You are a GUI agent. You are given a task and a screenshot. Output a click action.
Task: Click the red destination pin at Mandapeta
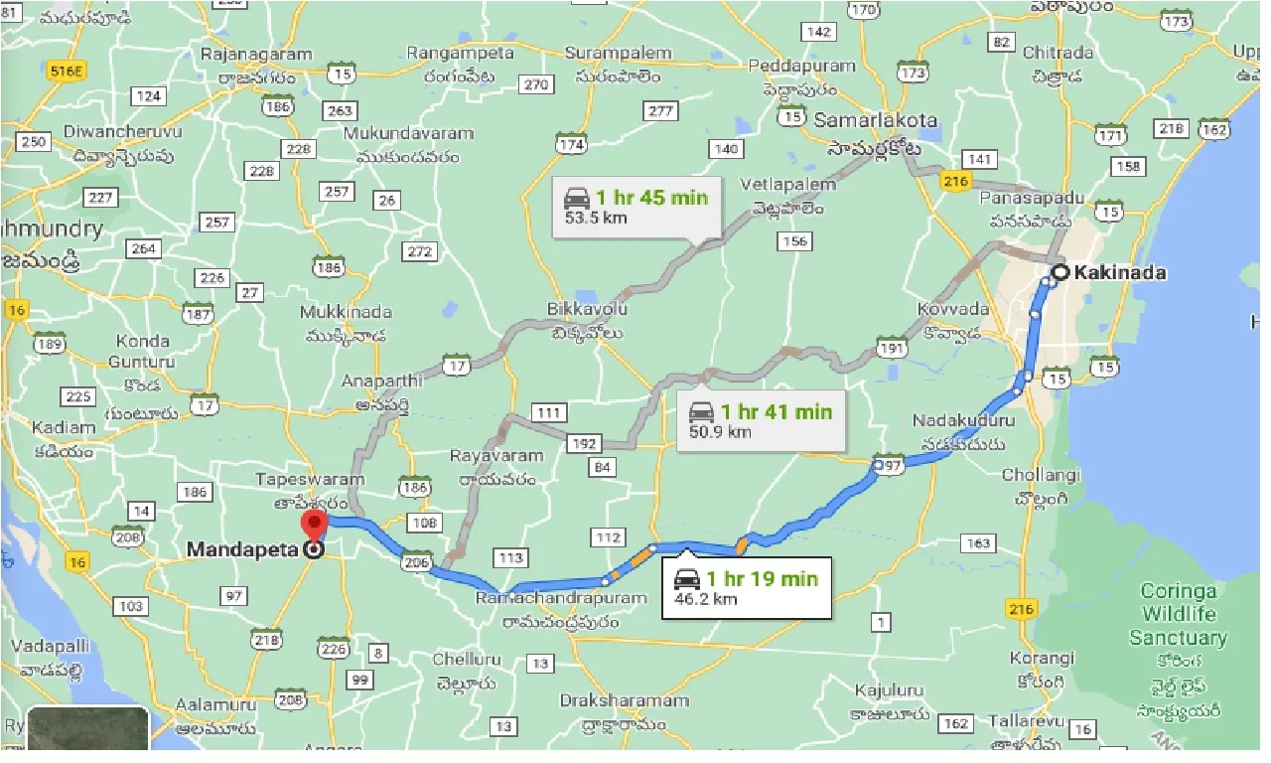(x=315, y=528)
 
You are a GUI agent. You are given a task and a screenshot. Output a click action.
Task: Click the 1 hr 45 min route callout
(x=635, y=205)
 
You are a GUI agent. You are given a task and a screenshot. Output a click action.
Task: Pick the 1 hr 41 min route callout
(x=761, y=420)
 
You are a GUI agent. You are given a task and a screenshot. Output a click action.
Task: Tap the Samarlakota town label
(x=875, y=119)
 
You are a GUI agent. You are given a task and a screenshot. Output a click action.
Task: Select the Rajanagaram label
(x=256, y=55)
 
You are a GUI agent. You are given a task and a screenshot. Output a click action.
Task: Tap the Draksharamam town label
(x=624, y=700)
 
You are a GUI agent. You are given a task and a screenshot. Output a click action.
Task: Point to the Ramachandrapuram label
(x=547, y=598)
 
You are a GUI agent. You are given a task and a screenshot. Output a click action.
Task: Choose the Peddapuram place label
(x=801, y=66)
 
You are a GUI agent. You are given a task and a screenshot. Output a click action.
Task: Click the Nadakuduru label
(x=965, y=421)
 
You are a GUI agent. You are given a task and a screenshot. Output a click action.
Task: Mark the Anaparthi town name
(x=381, y=381)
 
